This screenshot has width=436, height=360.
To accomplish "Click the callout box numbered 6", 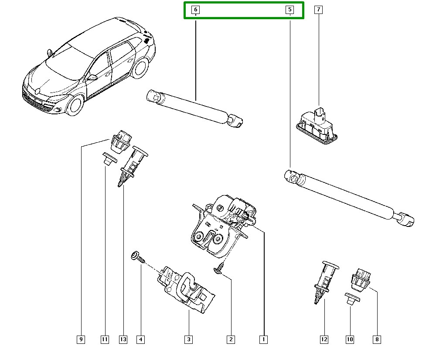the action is [x=195, y=10].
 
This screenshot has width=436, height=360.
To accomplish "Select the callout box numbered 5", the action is [x=290, y=10].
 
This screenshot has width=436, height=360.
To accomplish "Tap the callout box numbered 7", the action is [x=318, y=10].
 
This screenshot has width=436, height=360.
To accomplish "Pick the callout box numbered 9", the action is [x=81, y=339].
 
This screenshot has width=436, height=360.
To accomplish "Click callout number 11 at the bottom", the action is [x=105, y=339].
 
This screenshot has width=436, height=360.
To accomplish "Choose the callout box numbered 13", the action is [x=123, y=339].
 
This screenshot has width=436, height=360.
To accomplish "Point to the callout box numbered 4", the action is [x=141, y=339].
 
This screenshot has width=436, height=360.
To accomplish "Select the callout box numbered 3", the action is [x=188, y=339].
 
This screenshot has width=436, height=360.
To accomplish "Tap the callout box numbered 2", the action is [x=231, y=339].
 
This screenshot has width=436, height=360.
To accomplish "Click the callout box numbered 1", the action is [x=263, y=339].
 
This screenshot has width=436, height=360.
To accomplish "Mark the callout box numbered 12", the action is [x=324, y=339].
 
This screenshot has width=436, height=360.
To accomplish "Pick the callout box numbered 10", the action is [x=350, y=339].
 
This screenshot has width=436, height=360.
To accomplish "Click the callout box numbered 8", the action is [x=377, y=339].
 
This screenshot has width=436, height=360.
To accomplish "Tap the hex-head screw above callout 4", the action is [x=138, y=257].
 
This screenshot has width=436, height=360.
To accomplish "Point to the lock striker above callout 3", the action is [x=186, y=289].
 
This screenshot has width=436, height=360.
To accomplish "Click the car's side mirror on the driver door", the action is [x=92, y=77].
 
